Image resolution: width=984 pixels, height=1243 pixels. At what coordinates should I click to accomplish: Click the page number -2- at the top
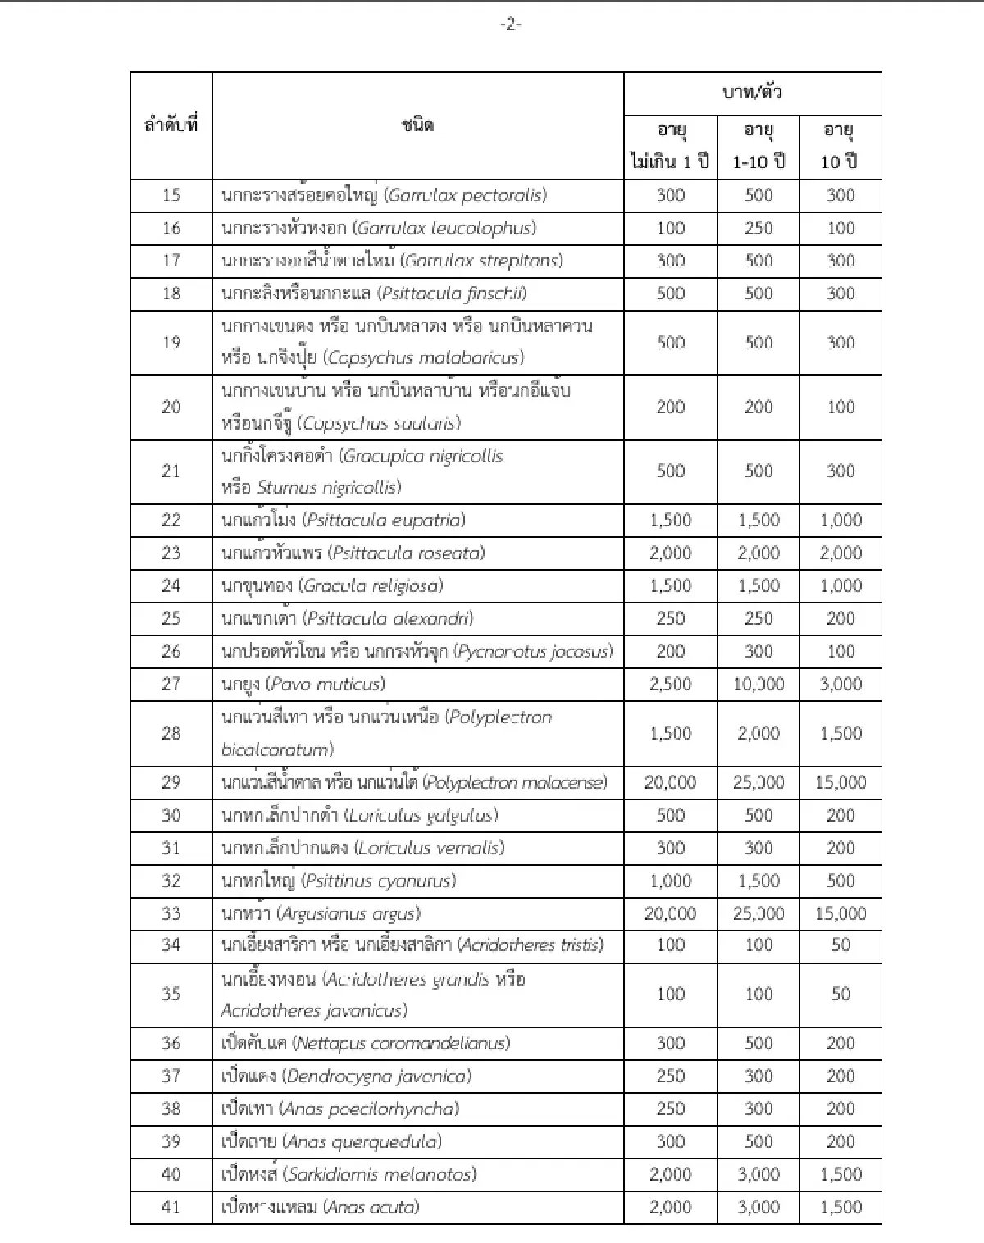[510, 25]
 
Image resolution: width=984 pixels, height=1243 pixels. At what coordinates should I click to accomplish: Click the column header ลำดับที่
[171, 125]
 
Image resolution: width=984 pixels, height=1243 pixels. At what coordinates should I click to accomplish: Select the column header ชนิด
[417, 125]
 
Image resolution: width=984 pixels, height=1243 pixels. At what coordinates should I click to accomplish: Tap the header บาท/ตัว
[752, 93]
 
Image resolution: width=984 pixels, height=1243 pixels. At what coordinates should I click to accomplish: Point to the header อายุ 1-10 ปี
[758, 146]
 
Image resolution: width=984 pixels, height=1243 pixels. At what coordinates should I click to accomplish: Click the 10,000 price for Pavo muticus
[758, 684]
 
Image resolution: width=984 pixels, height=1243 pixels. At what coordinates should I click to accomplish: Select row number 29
[171, 782]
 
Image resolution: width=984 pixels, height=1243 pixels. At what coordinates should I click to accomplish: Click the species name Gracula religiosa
[371, 585]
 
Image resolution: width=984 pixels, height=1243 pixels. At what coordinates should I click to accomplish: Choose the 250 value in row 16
[758, 228]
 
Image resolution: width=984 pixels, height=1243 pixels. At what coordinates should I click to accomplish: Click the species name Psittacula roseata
[406, 553]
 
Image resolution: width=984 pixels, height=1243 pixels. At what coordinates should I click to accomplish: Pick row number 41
[171, 1207]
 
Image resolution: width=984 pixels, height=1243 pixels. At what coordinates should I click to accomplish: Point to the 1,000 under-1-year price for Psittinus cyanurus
[670, 881]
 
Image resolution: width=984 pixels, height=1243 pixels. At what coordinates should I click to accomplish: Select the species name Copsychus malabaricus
[423, 357]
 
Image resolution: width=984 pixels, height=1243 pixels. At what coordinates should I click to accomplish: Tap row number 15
[171, 195]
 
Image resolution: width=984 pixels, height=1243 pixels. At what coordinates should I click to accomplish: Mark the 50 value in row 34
[840, 945]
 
